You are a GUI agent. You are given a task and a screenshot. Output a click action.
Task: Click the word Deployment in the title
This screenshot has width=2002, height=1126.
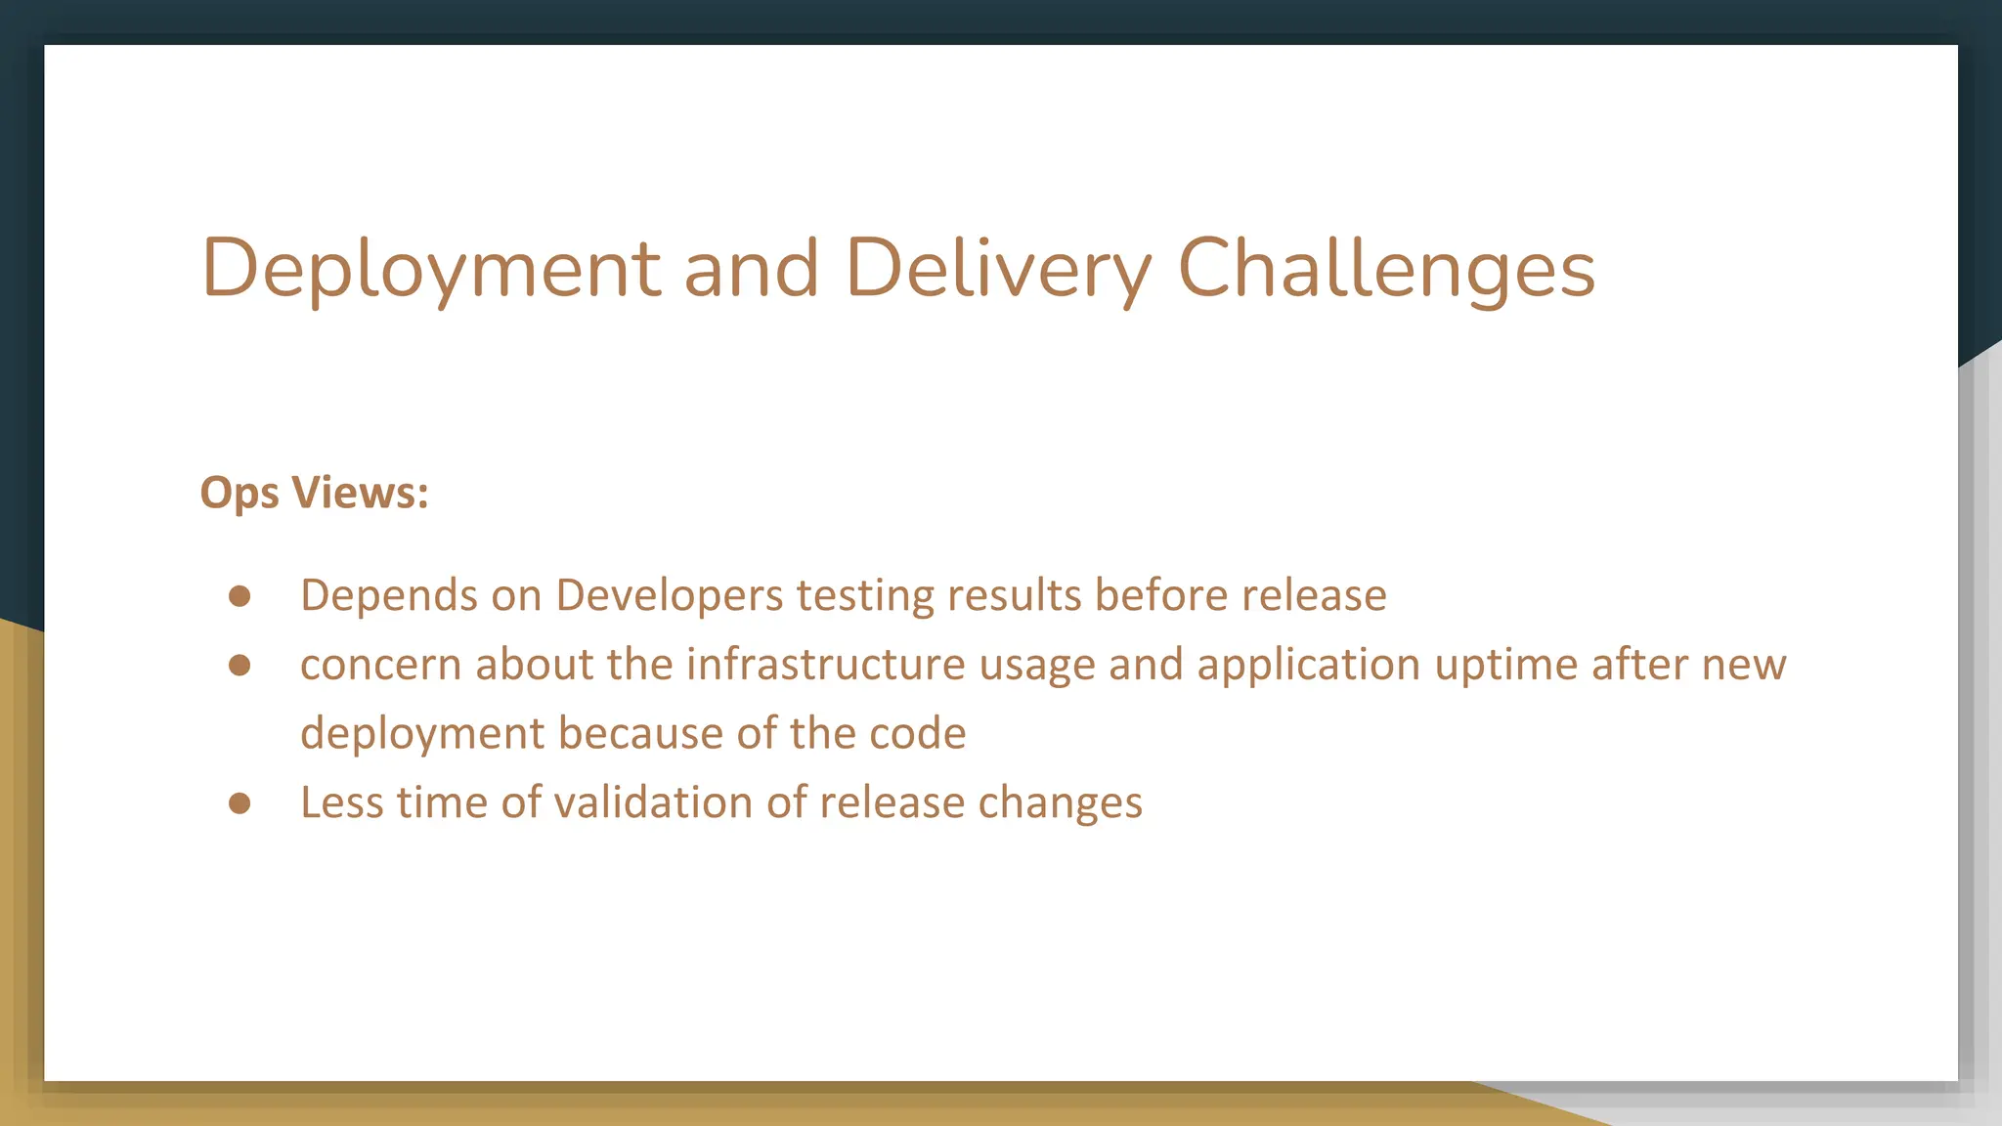[431, 269]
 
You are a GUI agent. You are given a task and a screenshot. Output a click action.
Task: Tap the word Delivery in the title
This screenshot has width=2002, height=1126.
[998, 269]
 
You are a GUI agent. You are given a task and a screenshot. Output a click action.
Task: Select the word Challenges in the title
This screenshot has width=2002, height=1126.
[1386, 269]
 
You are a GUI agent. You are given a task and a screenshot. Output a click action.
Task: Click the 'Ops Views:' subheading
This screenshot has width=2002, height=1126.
[314, 493]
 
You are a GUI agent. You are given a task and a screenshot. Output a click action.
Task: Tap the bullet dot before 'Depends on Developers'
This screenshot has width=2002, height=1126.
[239, 596]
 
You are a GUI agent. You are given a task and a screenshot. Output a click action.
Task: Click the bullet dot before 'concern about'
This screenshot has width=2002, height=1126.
[239, 666]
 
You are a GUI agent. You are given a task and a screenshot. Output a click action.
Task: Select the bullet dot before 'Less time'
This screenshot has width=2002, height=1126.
[239, 803]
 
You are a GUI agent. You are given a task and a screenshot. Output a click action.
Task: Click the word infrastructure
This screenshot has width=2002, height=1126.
[825, 666]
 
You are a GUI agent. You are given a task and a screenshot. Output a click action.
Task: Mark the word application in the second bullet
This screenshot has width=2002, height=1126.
[1308, 666]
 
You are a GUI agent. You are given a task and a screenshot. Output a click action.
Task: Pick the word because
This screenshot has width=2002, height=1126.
[639, 734]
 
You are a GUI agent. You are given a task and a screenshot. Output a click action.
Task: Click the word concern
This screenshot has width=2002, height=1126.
[380, 666]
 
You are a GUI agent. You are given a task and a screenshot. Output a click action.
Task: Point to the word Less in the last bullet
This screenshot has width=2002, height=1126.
[341, 803]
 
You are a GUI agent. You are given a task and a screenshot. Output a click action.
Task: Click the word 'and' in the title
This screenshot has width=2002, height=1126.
[751, 269]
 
